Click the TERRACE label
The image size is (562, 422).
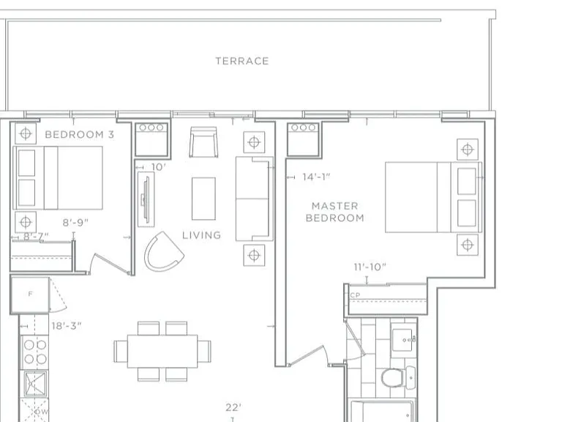tap(242, 61)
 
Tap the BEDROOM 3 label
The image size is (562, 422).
tap(80, 135)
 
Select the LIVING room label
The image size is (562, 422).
tap(201, 235)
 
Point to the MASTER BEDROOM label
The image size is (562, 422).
tap(334, 212)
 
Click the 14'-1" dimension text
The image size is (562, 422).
tap(316, 177)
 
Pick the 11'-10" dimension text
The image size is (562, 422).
tap(370, 267)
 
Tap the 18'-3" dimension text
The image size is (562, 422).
tap(67, 326)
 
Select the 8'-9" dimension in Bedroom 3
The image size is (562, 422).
tap(75, 223)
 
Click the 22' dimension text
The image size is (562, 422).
tap(233, 407)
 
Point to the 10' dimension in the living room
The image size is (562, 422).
tap(158, 167)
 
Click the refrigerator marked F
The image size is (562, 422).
tap(30, 295)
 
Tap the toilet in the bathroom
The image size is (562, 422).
tap(397, 377)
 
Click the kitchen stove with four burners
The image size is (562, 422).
tap(35, 352)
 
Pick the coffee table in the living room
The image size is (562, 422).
tap(203, 199)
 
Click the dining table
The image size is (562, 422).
tap(162, 351)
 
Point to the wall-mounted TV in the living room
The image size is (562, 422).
tap(146, 199)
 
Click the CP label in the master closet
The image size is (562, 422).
tap(355, 295)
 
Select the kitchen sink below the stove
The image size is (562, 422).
tap(35, 384)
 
